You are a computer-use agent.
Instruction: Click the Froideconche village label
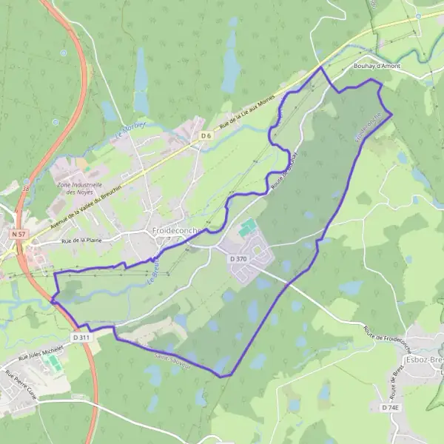pyautogui.click(x=175, y=231)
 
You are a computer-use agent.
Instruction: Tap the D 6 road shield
pyautogui.click(x=206, y=136)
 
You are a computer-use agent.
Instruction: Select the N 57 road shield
pyautogui.click(x=18, y=233)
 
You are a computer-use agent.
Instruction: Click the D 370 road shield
pyautogui.click(x=238, y=259)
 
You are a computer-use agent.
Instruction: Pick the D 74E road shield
pyautogui.click(x=390, y=408)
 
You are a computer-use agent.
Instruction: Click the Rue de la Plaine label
pyautogui.click(x=81, y=240)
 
